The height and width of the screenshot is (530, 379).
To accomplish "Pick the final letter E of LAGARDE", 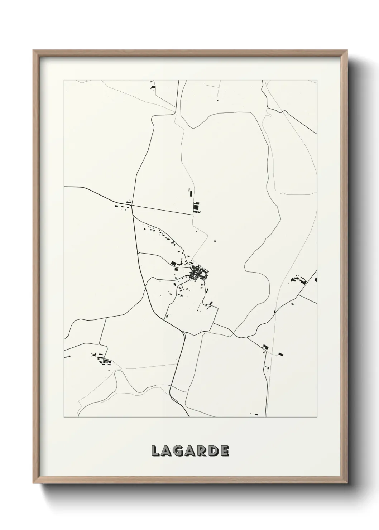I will point(224,451).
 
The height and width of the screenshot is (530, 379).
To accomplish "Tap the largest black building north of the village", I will point(196,207).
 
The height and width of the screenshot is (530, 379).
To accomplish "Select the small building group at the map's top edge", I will point(152,86).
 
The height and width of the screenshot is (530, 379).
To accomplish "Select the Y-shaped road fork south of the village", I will point(184,332).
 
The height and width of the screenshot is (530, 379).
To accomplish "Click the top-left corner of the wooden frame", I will point(33,50).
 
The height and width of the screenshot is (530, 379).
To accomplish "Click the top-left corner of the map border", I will point(64,80).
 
